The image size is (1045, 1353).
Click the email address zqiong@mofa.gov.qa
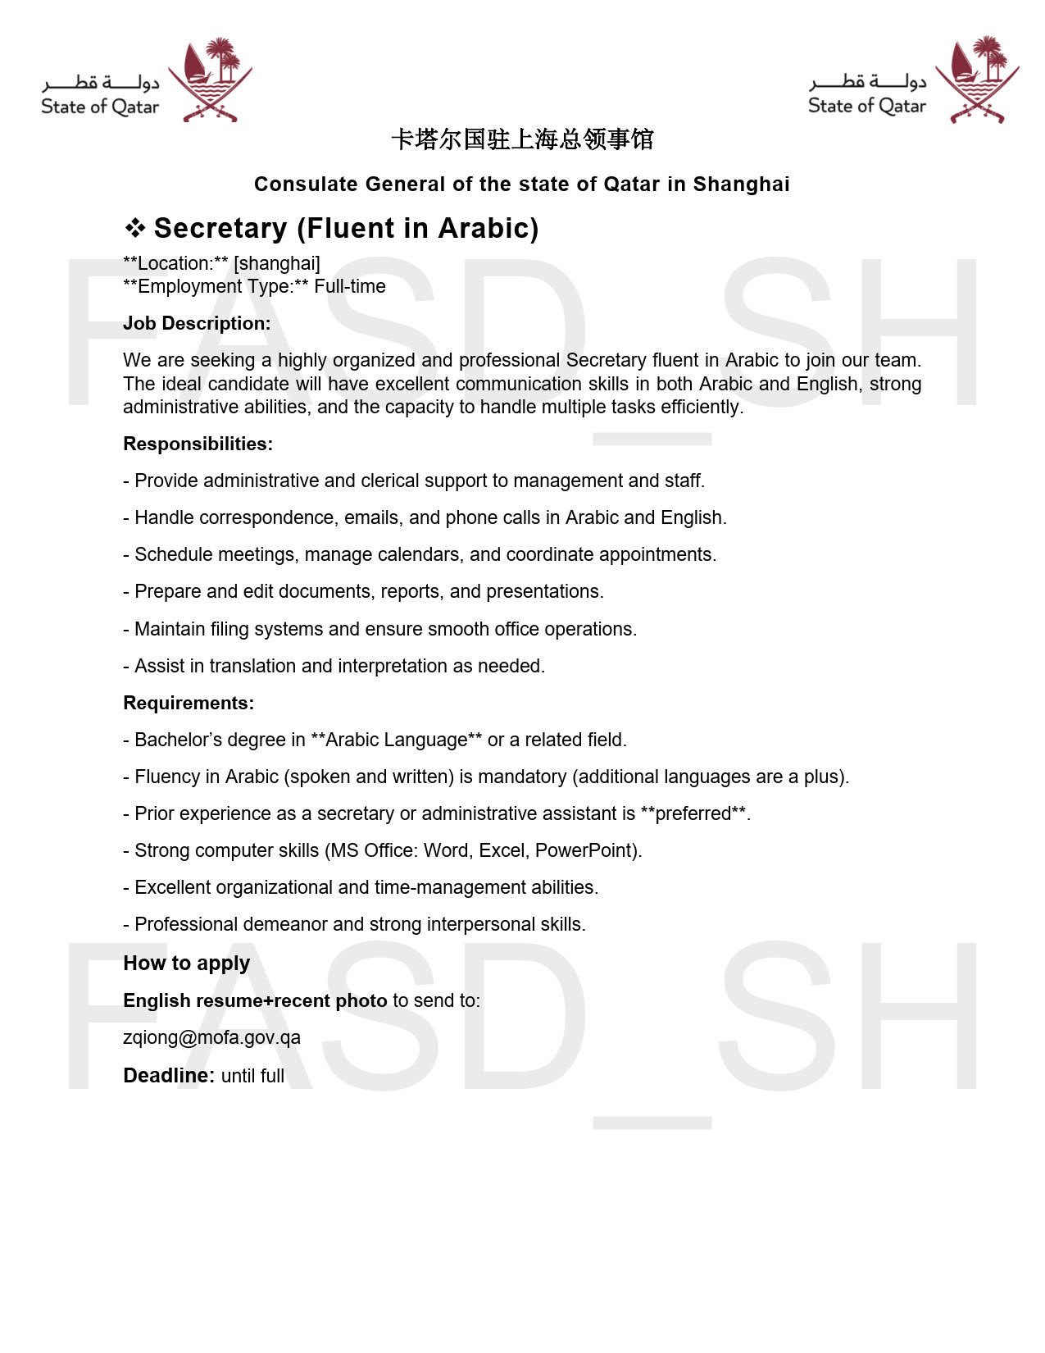[211, 1037]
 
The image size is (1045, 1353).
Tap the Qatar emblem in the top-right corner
[978, 80]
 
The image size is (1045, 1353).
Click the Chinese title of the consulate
[522, 139]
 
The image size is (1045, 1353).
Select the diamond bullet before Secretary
[135, 228]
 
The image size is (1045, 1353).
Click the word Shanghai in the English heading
[741, 184]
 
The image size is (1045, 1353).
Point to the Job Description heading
[197, 323]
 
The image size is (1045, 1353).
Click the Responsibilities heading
[198, 444]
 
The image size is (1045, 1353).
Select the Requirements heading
[189, 703]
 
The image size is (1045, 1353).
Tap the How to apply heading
[187, 963]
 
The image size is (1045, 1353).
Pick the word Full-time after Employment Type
[350, 286]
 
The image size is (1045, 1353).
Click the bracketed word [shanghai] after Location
[277, 263]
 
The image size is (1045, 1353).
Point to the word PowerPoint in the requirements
[585, 850]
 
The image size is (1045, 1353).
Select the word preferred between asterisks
[693, 813]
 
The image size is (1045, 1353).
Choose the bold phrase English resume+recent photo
[255, 1000]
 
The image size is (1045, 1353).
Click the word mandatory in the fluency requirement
[522, 777]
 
